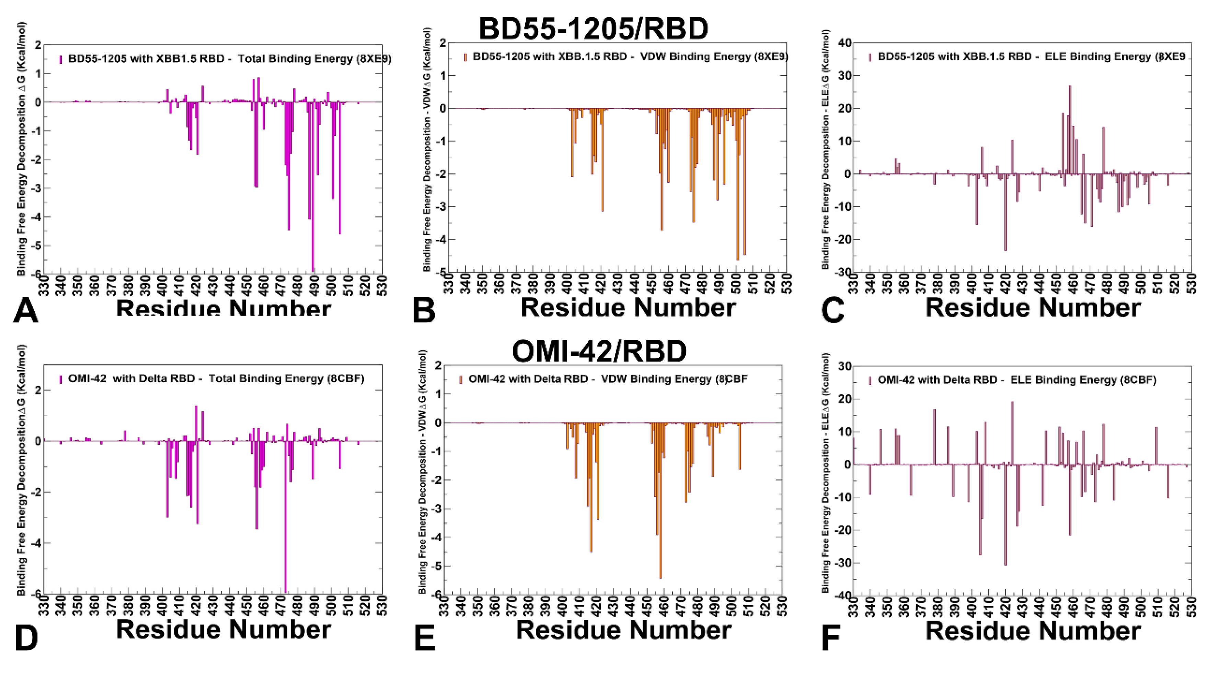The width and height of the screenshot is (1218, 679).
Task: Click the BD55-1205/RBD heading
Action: click(x=594, y=29)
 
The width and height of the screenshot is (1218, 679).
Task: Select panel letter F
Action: click(x=830, y=637)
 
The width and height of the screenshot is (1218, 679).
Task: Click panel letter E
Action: click(x=424, y=637)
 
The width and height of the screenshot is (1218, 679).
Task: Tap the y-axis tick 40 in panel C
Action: click(x=845, y=43)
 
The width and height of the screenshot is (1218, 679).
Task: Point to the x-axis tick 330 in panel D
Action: click(x=44, y=605)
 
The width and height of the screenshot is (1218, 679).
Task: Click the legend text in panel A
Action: click(x=230, y=59)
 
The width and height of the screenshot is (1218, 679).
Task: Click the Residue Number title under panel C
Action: click(x=1033, y=308)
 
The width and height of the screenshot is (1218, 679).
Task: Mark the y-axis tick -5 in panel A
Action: click(x=37, y=246)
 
